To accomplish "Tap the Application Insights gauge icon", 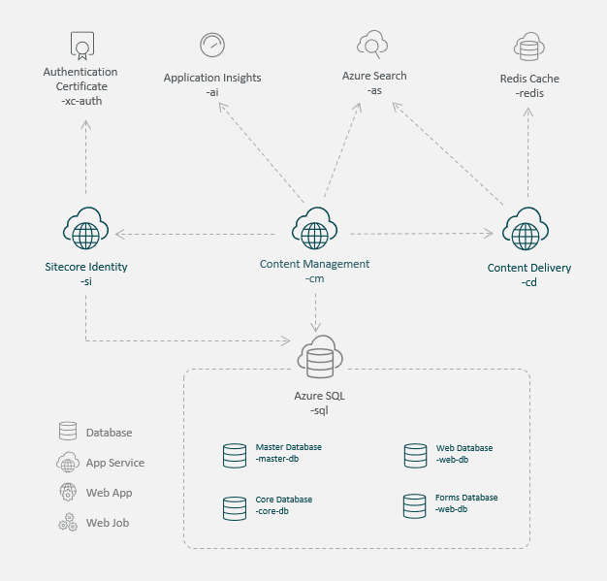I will pyautogui.click(x=211, y=45).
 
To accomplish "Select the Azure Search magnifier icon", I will pyautogui.click(x=372, y=44).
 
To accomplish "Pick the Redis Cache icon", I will pyautogui.click(x=528, y=47).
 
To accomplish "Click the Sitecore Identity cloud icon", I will pyautogui.click(x=85, y=231).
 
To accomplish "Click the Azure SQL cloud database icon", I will pyautogui.click(x=320, y=359).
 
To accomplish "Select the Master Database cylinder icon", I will pyautogui.click(x=235, y=454).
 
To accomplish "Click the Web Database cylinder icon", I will pyautogui.click(x=416, y=454).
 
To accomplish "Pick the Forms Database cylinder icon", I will pyautogui.click(x=416, y=505).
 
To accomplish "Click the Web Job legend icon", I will pyautogui.click(x=68, y=523).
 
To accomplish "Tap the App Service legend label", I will pyautogui.click(x=114, y=463).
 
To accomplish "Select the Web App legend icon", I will pyautogui.click(x=68, y=493).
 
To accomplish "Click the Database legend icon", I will pyautogui.click(x=68, y=432).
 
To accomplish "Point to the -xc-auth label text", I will pyautogui.click(x=80, y=101).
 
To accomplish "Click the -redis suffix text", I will pyautogui.click(x=529, y=93).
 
